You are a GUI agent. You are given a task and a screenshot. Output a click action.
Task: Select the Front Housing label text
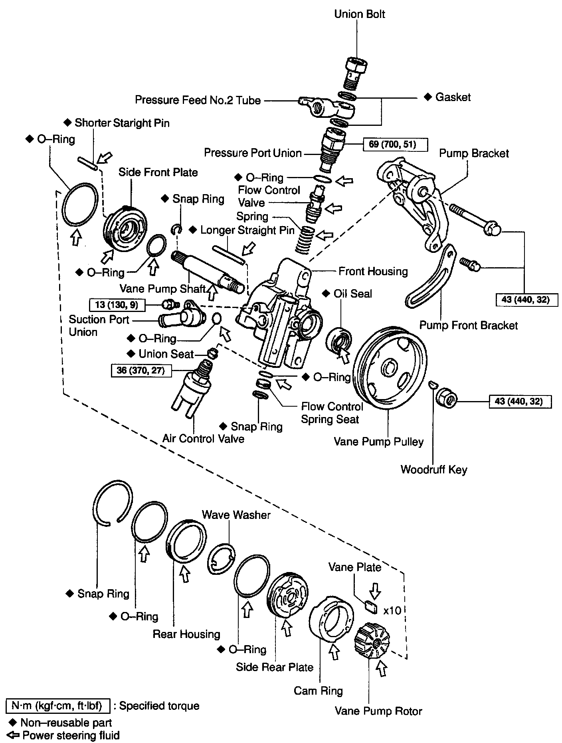coord(373,272)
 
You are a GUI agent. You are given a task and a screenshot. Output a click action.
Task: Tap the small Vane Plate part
coord(371,607)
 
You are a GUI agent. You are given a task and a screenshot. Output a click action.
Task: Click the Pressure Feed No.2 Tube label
coord(198,100)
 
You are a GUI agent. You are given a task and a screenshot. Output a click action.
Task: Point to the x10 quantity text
coord(392,611)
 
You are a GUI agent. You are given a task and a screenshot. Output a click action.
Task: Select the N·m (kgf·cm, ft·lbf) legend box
coord(58,706)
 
